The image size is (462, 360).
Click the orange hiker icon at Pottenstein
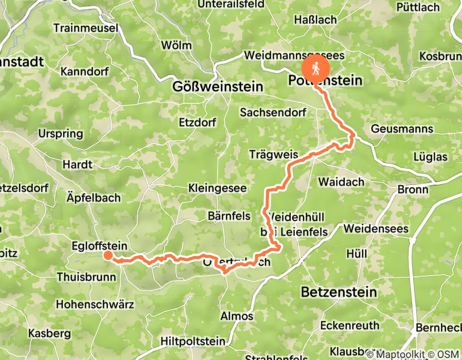315,67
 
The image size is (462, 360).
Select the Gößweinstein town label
218,86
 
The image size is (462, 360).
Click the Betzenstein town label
339,292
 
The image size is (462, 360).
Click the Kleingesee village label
217,188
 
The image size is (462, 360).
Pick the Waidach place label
341,182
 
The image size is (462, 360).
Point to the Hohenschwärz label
95,304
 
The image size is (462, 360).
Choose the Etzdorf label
196,122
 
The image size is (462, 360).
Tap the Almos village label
236,316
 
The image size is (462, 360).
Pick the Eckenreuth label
349,325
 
